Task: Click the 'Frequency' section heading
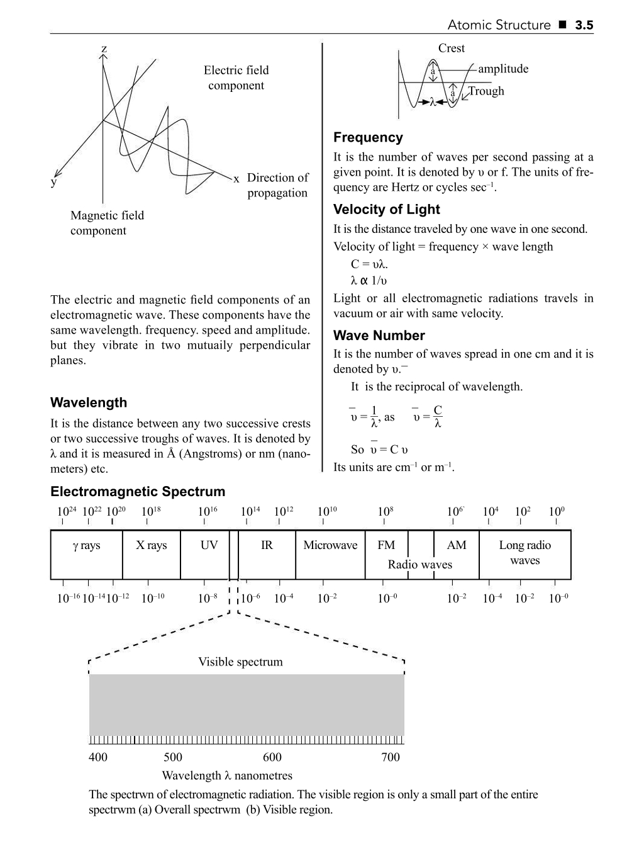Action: [368, 137]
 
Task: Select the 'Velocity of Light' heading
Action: [386, 210]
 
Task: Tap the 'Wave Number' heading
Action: [379, 336]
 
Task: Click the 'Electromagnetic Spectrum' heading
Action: [138, 492]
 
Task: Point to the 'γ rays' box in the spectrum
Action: [87, 545]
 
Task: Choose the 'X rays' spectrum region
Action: [152, 545]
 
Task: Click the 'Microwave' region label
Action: [330, 545]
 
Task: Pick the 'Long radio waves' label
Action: [525, 553]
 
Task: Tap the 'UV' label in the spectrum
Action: [209, 545]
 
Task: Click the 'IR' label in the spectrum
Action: [267, 545]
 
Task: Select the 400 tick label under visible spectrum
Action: [98, 757]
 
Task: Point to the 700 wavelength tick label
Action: [391, 757]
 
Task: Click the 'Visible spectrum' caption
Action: [240, 662]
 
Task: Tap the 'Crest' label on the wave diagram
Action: [451, 48]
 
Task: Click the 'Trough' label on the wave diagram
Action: [486, 91]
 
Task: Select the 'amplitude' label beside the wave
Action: [503, 69]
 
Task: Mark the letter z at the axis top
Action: [104, 48]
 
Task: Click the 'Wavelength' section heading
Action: [89, 403]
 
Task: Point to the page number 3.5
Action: [584, 25]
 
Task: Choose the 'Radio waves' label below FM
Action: [419, 565]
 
